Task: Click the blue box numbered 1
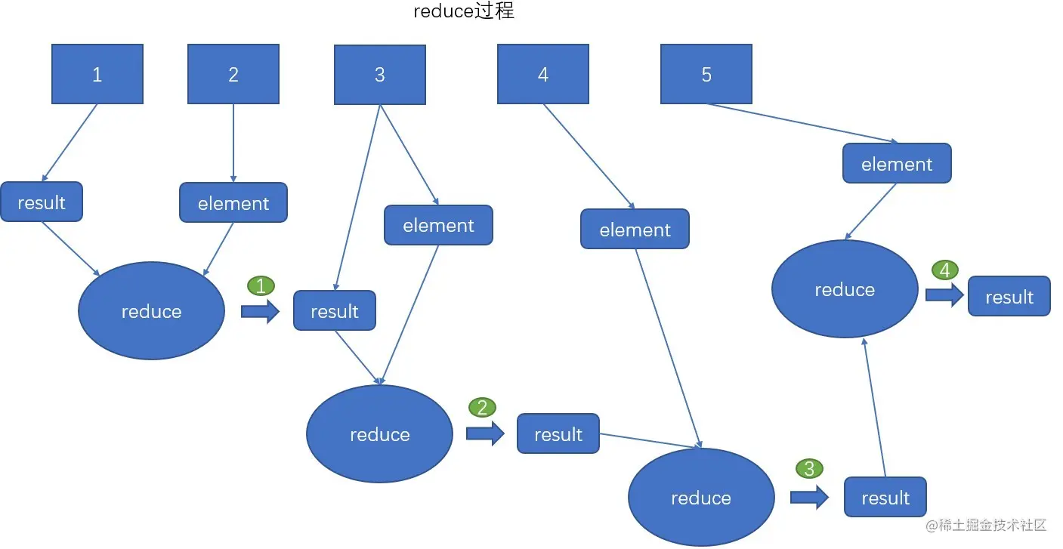(97, 74)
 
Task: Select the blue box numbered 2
(233, 74)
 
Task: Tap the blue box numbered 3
(379, 75)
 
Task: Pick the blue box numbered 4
(542, 74)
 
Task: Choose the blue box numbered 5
(706, 74)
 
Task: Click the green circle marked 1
(261, 285)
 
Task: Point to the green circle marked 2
(482, 408)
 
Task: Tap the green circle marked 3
(809, 469)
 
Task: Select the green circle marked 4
(945, 270)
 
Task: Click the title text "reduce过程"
(464, 12)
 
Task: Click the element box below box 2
(233, 203)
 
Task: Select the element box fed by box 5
(897, 164)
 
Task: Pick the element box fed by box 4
(635, 230)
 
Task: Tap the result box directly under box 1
(42, 202)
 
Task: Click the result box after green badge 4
(1009, 297)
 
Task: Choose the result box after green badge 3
(885, 498)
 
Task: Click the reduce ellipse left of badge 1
(151, 311)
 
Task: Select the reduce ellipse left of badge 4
(845, 290)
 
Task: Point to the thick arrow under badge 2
(485, 433)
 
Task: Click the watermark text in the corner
(985, 525)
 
